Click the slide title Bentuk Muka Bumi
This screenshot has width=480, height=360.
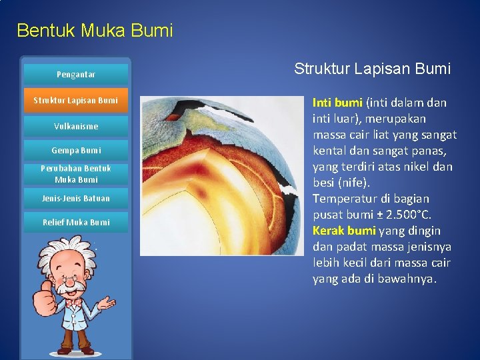(x=95, y=31)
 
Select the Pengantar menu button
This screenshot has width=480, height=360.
(x=75, y=75)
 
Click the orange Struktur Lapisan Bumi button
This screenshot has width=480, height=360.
(x=75, y=100)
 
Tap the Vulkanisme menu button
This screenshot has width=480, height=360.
(x=75, y=126)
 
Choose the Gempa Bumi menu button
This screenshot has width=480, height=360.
(x=75, y=151)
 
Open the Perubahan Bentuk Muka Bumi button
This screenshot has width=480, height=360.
(x=75, y=174)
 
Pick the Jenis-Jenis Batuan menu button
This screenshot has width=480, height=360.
(x=75, y=199)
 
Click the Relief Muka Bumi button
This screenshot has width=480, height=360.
(x=75, y=223)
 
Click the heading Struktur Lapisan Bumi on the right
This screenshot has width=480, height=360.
(x=372, y=69)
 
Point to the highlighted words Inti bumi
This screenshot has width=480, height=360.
(x=337, y=103)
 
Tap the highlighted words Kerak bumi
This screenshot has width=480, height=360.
(x=344, y=231)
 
